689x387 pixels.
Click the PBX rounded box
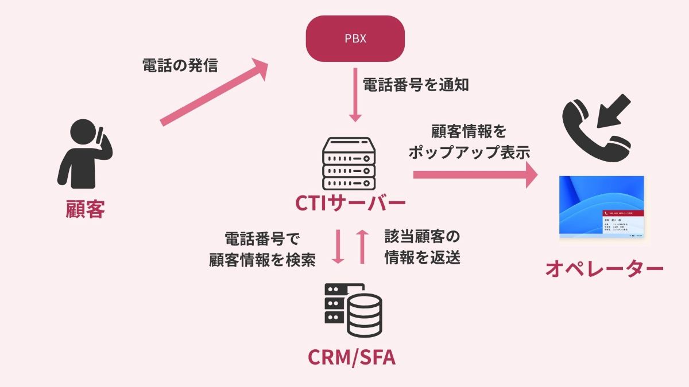pos(355,39)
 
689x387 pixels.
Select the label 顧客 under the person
pos(84,209)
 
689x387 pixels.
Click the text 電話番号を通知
pos(416,85)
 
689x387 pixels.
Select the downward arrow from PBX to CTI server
pos(355,98)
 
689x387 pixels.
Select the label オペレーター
pos(604,268)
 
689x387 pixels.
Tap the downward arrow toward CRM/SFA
pos(338,247)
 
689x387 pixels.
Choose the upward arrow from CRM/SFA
pos(362,247)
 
